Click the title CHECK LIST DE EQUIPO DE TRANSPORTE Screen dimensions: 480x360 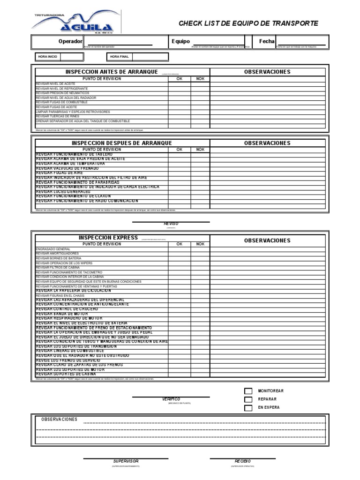click(248, 23)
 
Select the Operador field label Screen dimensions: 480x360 click(70, 41)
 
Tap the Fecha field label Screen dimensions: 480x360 click(266, 41)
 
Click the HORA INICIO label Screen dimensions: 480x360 click(48, 57)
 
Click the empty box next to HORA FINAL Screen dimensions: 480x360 click(150, 57)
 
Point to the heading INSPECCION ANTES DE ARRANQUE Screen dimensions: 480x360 click(112, 72)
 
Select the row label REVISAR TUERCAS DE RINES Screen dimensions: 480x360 click(58, 116)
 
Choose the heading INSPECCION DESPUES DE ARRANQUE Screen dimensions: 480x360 click(121, 143)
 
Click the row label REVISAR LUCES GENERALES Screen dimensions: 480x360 click(63, 192)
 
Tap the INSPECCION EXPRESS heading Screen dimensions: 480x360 click(108, 238)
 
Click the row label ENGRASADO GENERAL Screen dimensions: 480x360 click(53, 249)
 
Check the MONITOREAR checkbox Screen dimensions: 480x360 click(248, 391)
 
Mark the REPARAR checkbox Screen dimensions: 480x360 click(248, 399)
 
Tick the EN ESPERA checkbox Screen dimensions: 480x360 click(248, 408)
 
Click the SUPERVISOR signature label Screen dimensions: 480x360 click(126, 461)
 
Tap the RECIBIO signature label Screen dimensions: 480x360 click(242, 461)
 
